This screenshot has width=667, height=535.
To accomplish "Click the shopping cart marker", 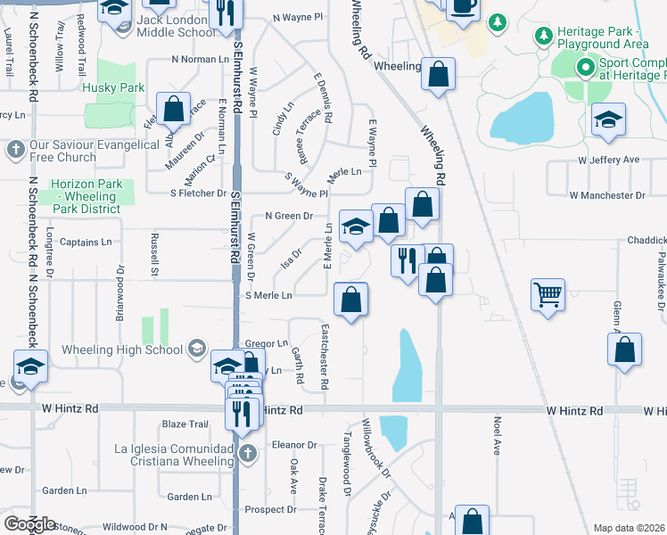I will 548,295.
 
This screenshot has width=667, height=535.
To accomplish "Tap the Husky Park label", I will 113,88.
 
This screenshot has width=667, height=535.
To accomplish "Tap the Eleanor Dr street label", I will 295,444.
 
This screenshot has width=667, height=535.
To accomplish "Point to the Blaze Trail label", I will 185,424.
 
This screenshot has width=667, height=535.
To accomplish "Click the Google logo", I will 29,524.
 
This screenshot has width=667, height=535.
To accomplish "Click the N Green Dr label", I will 290,216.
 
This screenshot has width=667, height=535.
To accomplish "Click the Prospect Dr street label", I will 269,510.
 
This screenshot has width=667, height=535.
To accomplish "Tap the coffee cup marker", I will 462,7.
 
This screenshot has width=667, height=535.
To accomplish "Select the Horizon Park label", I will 86,195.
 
